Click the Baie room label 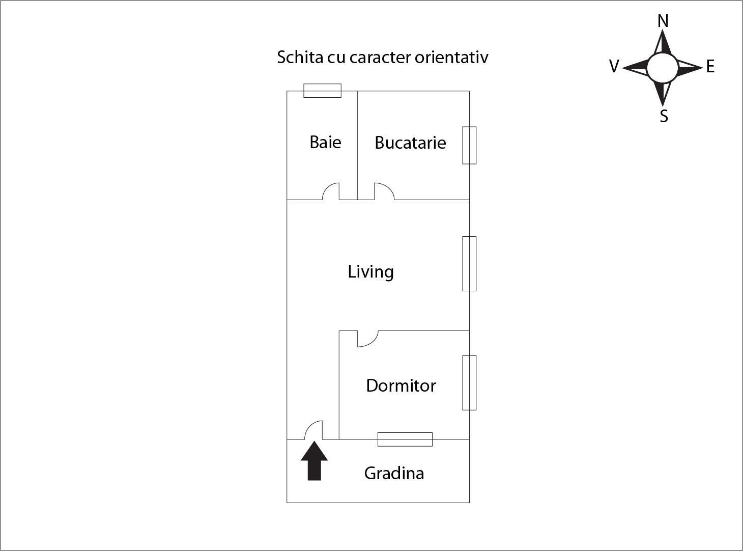[x=325, y=142]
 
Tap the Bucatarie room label [x=410, y=143]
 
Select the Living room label [x=370, y=271]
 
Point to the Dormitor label [x=401, y=385]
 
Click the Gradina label [x=394, y=473]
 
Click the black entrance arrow [x=315, y=461]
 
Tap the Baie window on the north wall [x=322, y=91]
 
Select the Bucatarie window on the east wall [x=469, y=145]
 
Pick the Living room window [x=469, y=264]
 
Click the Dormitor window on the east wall [x=469, y=382]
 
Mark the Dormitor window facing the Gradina [x=405, y=439]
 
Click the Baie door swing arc [x=331, y=191]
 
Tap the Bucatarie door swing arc [x=384, y=191]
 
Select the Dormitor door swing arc [x=366, y=339]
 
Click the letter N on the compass [x=663, y=21]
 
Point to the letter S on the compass [x=664, y=116]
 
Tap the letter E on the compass [x=710, y=67]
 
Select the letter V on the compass [x=614, y=67]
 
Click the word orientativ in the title [x=451, y=57]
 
